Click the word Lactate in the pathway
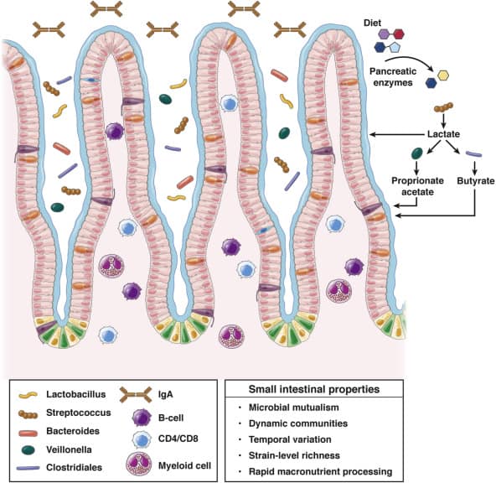(x=443, y=134)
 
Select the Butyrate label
(x=475, y=181)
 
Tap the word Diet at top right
(x=372, y=23)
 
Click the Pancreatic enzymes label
(x=393, y=77)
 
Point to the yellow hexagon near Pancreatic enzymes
(x=443, y=75)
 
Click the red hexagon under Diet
(x=399, y=34)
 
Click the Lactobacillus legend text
(x=76, y=394)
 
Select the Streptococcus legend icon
(x=28, y=413)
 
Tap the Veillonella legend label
(x=69, y=449)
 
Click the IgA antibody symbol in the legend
(x=136, y=395)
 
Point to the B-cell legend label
(x=171, y=418)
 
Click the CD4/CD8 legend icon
(x=141, y=439)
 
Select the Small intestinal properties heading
(x=314, y=389)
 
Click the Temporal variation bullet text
(x=290, y=439)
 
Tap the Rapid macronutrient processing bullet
(x=320, y=471)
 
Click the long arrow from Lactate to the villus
(x=397, y=134)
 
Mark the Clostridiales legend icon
(x=28, y=468)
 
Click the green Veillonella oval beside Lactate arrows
(x=416, y=153)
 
